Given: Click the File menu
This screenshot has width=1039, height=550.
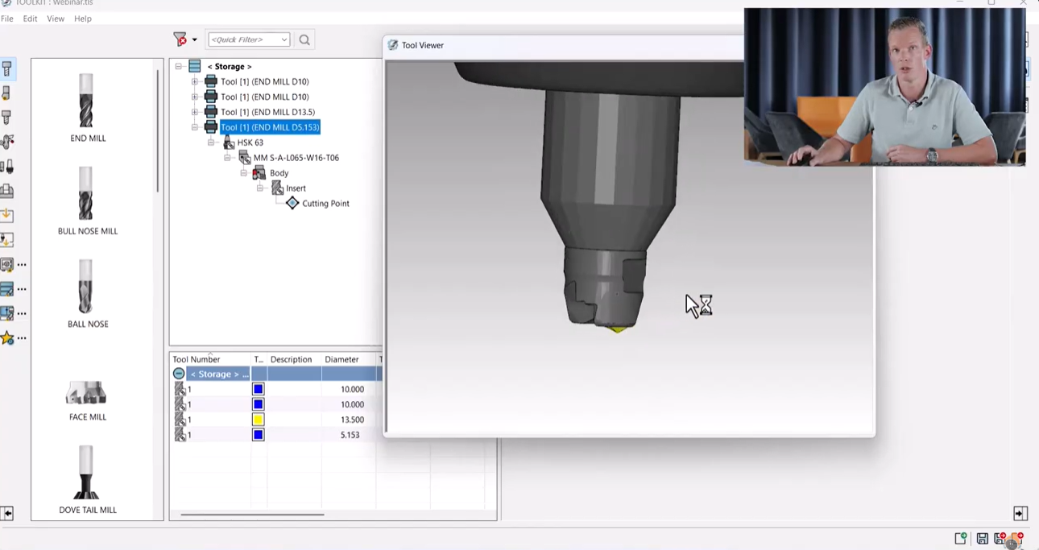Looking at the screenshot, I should [7, 19].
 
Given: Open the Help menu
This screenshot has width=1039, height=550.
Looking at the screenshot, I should [83, 19].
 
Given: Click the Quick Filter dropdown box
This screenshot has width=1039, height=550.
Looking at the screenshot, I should [249, 39].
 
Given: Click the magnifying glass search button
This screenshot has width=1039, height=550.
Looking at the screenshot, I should [304, 39].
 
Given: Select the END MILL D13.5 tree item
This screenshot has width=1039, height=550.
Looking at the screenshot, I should [267, 112].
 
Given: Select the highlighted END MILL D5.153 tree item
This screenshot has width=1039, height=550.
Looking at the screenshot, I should [270, 127].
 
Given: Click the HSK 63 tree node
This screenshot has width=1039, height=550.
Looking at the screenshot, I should [250, 143].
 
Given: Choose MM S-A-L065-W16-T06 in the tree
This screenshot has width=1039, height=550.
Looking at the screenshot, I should [296, 158].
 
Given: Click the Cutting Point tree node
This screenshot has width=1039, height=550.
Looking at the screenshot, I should [325, 204].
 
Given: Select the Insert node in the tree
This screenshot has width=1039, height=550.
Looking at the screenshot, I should [296, 188].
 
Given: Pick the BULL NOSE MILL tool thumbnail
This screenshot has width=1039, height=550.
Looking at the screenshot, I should [86, 194].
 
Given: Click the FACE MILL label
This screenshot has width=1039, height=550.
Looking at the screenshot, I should [88, 417].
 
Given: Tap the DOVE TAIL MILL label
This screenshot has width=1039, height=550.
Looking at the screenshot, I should [88, 510].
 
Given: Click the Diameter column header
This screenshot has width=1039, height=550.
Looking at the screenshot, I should [342, 359].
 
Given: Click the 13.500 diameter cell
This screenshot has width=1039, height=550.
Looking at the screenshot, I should [352, 420].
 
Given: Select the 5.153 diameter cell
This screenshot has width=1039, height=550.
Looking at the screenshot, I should [350, 435].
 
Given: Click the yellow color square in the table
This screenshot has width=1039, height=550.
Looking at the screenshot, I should [259, 420].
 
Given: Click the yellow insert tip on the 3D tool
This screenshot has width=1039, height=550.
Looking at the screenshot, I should [617, 329].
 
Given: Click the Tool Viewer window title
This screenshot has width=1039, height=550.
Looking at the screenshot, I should [423, 45].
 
